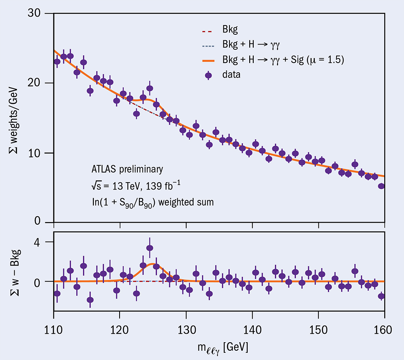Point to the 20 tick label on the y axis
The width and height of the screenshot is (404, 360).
tap(36, 83)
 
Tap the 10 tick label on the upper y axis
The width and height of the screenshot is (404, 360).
tap(36, 153)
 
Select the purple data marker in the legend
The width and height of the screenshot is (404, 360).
tap(208, 75)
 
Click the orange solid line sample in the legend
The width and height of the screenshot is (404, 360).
tap(208, 60)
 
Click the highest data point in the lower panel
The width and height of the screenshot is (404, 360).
tap(149, 248)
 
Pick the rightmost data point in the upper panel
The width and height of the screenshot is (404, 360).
tap(381, 186)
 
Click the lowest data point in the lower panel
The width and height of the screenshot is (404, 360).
tap(90, 300)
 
